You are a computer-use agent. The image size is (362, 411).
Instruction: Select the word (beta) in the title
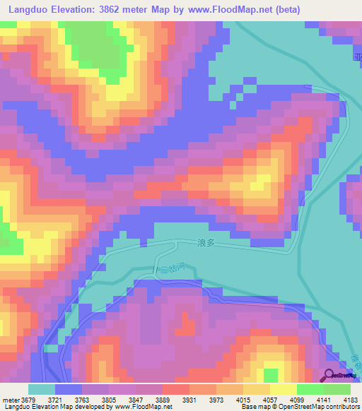click(287, 10)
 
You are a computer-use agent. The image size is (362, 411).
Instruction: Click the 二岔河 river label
click(166, 268)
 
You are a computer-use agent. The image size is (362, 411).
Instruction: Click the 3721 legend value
click(55, 399)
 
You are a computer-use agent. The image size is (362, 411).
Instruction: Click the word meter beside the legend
click(10, 399)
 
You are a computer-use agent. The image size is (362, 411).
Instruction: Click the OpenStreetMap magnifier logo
click(329, 376)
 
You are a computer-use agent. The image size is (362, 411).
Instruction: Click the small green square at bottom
click(270, 374)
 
